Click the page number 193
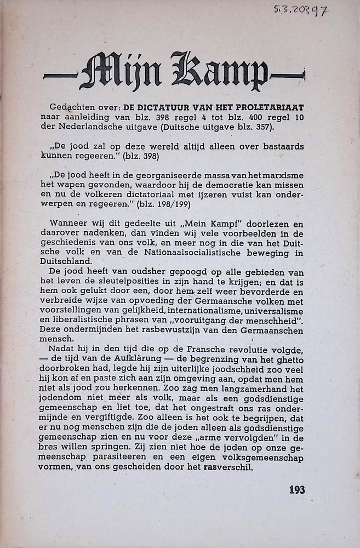pyautogui.click(x=296, y=489)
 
